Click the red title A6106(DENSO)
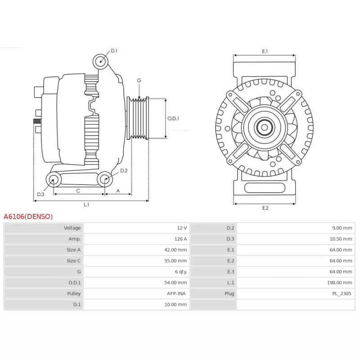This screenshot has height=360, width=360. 28,216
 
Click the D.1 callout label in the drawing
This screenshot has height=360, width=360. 114,50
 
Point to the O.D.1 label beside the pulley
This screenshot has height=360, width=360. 173,119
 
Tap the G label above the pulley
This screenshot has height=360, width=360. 139,81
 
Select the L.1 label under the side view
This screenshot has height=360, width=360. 86,205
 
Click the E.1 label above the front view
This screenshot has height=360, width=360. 265,51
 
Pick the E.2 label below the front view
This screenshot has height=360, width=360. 265,208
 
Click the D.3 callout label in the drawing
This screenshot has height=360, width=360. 40,194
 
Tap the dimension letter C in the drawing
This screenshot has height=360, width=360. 78,191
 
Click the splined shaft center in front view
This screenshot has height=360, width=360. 264,127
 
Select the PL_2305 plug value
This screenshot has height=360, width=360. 342,293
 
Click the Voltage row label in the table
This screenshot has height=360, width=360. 72,228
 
